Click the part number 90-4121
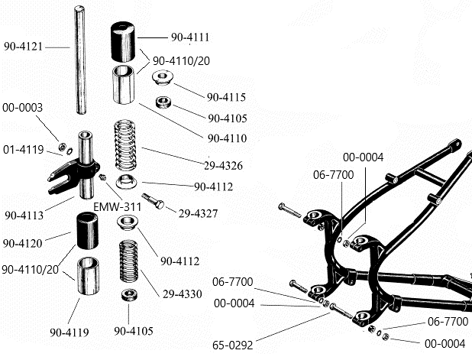23,46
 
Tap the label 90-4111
188,37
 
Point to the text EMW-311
116,206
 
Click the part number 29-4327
197,213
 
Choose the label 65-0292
232,345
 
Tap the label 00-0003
23,108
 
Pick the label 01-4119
23,148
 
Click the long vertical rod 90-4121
80,61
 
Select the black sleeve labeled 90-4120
89,232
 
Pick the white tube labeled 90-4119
90,277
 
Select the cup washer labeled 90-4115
163,78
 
